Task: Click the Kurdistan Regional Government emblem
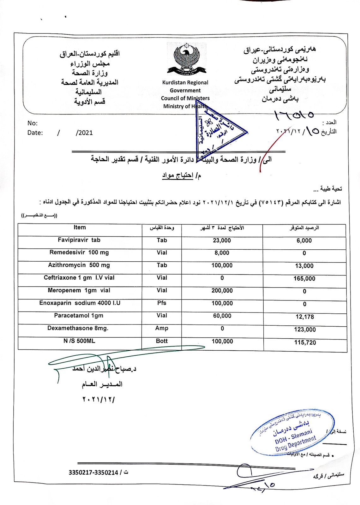186,60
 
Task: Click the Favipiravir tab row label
79,240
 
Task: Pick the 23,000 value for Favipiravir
222,241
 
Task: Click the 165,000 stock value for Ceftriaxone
305,278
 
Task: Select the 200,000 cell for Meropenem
222,291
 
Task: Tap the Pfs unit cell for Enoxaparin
162,303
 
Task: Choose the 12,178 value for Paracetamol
305,317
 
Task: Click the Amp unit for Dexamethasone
162,328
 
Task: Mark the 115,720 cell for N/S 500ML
305,342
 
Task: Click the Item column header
80,228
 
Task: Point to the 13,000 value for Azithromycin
304,266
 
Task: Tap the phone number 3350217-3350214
93,472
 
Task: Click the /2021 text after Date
84,133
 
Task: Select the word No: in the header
33,123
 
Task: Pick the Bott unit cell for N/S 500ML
162,341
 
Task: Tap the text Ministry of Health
185,106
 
